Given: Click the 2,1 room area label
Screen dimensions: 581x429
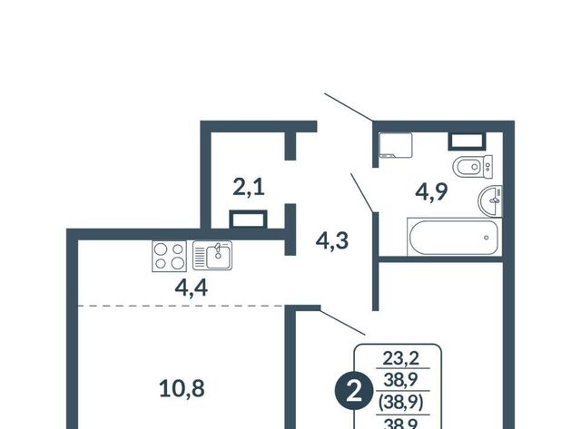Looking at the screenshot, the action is (x=249, y=188).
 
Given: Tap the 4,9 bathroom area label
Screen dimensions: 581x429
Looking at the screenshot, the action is (x=431, y=191).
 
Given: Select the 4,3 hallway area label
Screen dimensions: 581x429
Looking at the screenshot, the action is (x=332, y=240).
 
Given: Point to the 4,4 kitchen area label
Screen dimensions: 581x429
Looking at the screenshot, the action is (x=192, y=288).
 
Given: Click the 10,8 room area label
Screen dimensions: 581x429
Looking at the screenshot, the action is (x=182, y=389).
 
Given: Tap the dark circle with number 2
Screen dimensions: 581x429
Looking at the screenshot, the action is (x=354, y=392).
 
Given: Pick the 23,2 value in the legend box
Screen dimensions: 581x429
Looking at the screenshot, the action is (x=401, y=358).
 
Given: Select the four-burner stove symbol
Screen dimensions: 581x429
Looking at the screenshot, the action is (x=170, y=256).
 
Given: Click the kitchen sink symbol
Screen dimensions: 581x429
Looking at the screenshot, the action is (x=212, y=255).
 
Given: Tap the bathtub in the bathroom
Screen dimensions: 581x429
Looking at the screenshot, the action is (x=454, y=237).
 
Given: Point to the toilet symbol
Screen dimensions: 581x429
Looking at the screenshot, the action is (x=473, y=167).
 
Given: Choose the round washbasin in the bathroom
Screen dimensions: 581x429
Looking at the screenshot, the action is (x=490, y=201).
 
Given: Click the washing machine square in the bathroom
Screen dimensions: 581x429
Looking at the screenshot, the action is (x=396, y=145).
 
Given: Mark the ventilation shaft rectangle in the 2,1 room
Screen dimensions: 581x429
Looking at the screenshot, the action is (x=248, y=219).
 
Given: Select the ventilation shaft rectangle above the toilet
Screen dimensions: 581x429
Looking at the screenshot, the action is (x=467, y=141).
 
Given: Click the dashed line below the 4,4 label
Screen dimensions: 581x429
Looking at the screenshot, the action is (x=181, y=306).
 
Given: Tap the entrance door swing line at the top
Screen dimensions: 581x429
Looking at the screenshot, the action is (x=349, y=107).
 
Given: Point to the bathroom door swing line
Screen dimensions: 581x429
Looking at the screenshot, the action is (x=362, y=193).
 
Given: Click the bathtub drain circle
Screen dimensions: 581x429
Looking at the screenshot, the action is (x=487, y=238).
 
